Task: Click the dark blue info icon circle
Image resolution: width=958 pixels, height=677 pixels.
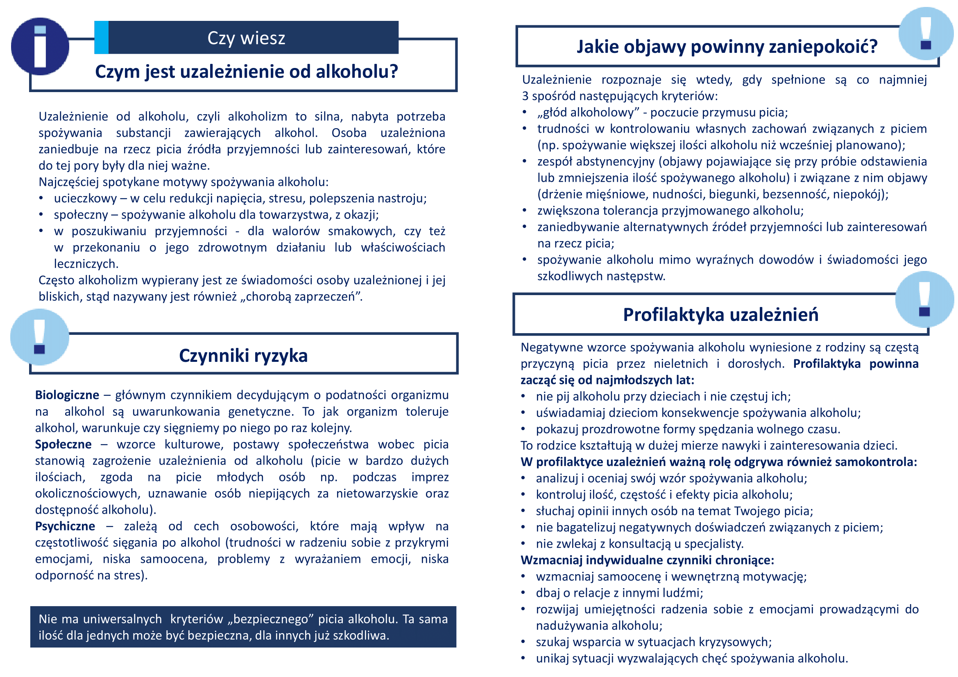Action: (40, 46)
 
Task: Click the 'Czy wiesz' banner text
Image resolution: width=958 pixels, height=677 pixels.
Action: (246, 38)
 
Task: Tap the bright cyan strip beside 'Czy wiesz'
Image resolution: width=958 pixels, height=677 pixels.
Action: (102, 38)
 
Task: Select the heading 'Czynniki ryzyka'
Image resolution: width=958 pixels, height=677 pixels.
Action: (243, 356)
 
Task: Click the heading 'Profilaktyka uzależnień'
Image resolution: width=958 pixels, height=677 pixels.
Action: (720, 315)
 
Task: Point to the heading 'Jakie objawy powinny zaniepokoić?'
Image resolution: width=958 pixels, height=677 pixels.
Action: (727, 47)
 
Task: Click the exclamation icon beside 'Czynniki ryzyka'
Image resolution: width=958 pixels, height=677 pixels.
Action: (40, 337)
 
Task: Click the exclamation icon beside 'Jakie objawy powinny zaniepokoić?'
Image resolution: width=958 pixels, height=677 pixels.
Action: (926, 33)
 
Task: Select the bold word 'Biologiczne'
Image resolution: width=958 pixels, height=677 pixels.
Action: (67, 395)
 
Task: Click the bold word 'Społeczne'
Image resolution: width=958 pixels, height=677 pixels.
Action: (63, 445)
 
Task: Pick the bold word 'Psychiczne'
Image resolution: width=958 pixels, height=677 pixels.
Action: (65, 526)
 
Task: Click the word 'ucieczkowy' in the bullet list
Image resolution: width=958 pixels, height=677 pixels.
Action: (86, 199)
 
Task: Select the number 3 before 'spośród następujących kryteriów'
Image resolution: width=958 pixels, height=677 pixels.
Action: (525, 96)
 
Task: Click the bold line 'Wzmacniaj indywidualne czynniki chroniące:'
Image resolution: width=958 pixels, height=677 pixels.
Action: (647, 560)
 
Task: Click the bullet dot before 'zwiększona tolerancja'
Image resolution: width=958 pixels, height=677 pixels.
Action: (525, 210)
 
